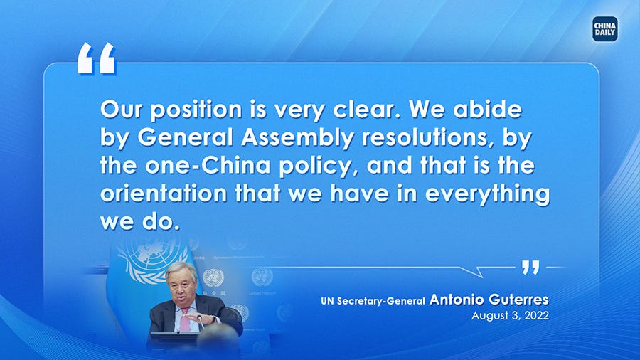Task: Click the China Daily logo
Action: [x=604, y=29]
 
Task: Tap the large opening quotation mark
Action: [x=96, y=58]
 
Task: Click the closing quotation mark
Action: [x=530, y=268]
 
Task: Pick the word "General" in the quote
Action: [x=178, y=138]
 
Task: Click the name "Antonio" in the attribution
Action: [x=457, y=300]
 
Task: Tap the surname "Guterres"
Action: [x=518, y=300]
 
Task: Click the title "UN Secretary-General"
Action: [x=373, y=302]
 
